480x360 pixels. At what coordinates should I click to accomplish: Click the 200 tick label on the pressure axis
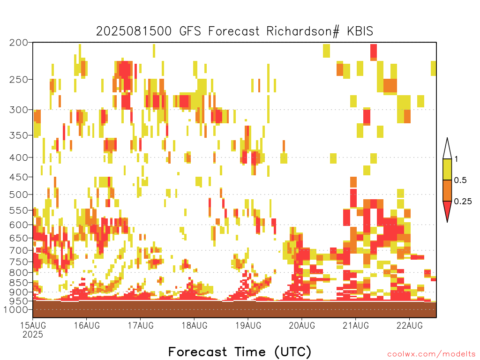tap(18, 43)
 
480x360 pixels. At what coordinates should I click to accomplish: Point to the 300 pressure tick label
tap(18, 110)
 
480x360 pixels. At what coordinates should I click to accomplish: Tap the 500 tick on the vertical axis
tap(18, 195)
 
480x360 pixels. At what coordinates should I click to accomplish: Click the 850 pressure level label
tap(18, 283)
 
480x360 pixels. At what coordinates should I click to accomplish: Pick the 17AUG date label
tap(141, 325)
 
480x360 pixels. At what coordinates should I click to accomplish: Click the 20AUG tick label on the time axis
tap(302, 325)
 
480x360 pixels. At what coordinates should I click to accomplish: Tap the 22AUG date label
tap(409, 325)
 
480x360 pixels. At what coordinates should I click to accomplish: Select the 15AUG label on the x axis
tap(33, 325)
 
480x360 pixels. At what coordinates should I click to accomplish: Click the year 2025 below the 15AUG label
tap(33, 334)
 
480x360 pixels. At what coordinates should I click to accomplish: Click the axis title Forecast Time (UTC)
tap(240, 352)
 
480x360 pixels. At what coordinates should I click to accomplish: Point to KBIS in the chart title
tap(360, 31)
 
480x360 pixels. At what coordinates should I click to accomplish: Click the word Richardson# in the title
tap(303, 31)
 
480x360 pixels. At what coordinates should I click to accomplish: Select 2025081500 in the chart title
tap(134, 31)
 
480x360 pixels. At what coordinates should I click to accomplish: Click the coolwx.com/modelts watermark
tap(431, 354)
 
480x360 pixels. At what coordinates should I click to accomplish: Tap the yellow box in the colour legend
tap(447, 169)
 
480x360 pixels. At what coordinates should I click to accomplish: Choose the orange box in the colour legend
tap(447, 190)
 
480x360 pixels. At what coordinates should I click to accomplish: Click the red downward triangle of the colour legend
tap(447, 209)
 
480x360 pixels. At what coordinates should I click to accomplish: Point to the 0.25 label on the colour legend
tap(463, 202)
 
